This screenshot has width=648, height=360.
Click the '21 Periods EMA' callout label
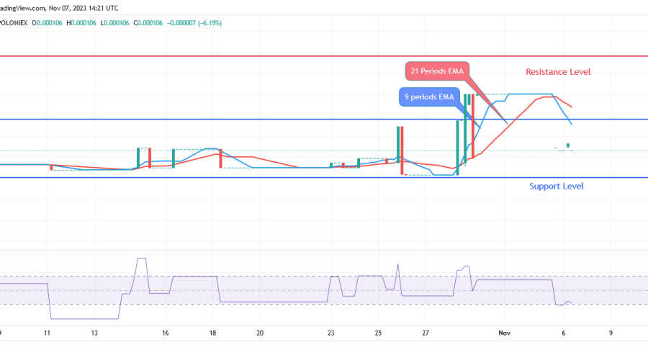(436, 71)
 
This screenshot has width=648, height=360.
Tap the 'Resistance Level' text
(558, 72)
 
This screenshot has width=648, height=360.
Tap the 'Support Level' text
(557, 186)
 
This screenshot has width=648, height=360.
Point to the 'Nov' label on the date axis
(504, 333)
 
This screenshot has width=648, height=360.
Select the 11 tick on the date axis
(47, 333)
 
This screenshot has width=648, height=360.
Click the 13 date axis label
(94, 333)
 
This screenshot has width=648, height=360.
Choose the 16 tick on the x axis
(165, 333)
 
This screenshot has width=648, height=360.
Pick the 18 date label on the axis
(212, 333)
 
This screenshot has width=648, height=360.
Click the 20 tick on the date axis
(260, 333)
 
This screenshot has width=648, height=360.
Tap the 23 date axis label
(330, 333)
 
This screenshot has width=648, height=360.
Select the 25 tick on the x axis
(378, 333)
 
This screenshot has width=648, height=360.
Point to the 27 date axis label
(426, 333)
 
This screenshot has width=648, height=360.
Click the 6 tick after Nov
(563, 333)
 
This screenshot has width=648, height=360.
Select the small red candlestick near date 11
(51, 167)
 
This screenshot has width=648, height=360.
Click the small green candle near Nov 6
(568, 145)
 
